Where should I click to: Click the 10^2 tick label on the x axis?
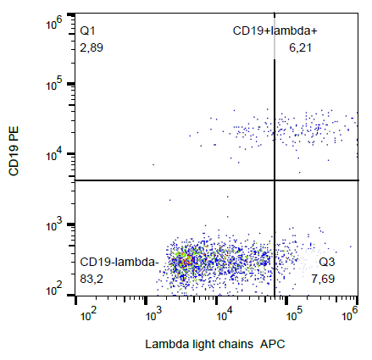(86, 315)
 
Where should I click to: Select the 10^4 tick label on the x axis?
(225, 315)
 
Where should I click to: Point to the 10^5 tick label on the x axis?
(293, 315)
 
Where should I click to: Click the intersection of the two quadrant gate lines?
(274, 180)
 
